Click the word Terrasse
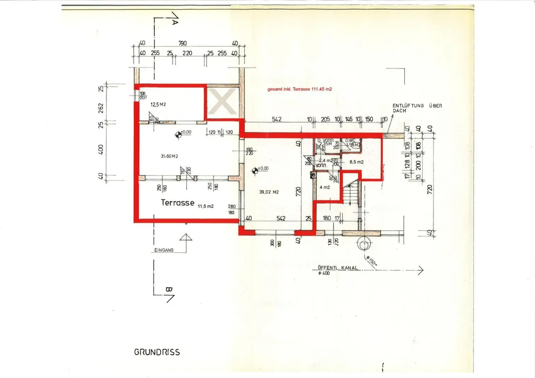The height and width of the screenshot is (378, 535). coord(177,203)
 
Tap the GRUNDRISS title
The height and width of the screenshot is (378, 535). coord(157,352)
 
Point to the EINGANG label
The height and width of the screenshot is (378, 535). coord(164,250)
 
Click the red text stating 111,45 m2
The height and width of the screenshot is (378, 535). coord(300,89)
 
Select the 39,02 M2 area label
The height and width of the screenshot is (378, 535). coord(269,192)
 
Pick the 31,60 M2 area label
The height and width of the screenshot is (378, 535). coord(169,156)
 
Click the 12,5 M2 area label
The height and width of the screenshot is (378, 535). coord(158,104)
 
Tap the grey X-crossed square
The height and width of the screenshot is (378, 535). coord(223,102)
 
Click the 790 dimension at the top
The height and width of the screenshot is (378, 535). coord(183,44)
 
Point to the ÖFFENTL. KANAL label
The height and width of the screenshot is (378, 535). coord(338,268)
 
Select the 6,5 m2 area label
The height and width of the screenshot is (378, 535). coord(356,162)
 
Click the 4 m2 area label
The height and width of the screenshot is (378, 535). coord(325,187)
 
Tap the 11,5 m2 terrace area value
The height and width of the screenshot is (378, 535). coord(206,206)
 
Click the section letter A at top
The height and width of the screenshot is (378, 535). coord(175,22)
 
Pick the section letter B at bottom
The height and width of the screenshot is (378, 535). coord(169,290)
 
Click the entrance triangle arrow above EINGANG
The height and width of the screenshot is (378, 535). coord(186,237)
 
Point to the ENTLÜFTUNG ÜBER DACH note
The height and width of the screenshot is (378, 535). coord(417,108)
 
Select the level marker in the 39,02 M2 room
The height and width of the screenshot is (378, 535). coord(255,170)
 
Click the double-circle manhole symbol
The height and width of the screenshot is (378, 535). coord(364,244)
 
